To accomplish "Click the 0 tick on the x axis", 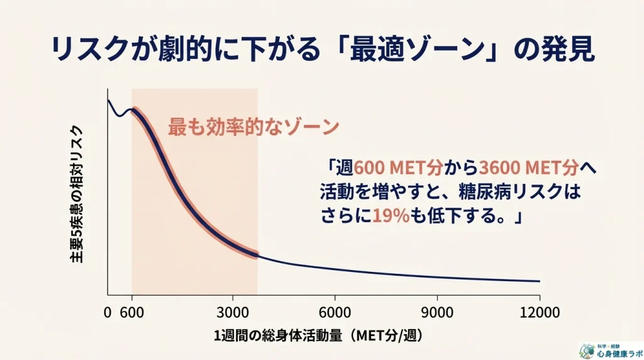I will [108, 312].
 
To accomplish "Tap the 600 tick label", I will [130, 312].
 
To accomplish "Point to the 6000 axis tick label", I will [335, 312].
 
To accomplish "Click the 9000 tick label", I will [437, 312].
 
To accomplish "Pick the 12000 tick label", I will [540, 312].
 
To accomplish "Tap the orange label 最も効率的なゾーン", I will [253, 127].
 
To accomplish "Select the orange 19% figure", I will [391, 216].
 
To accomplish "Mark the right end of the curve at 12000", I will [540, 281].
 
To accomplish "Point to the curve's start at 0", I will [108, 101].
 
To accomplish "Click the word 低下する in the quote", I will [465, 216].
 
